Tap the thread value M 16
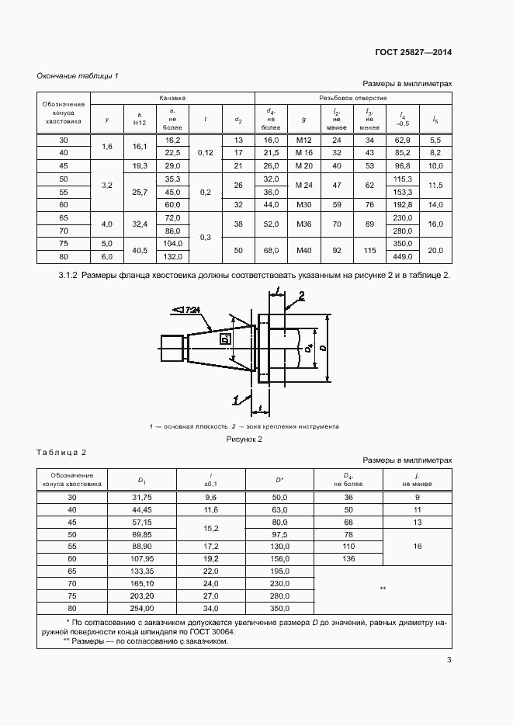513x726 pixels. click(303, 153)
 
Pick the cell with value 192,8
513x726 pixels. click(402, 205)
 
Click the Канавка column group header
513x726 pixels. click(172, 99)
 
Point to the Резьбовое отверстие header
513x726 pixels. click(352, 99)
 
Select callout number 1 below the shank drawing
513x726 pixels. click(235, 400)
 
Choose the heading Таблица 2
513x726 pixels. click(61, 452)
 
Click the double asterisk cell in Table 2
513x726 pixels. click(382, 589)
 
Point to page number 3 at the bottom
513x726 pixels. click(449, 660)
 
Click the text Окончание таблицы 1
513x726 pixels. click(78, 75)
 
